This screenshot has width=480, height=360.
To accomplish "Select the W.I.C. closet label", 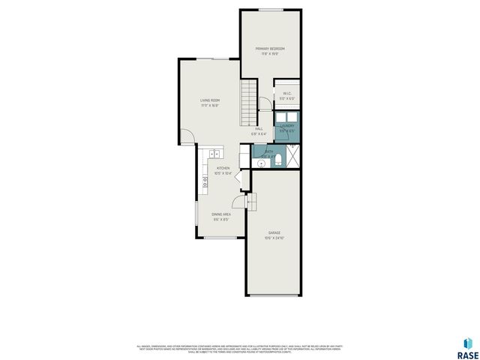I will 286,95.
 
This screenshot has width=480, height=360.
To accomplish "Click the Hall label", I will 259,130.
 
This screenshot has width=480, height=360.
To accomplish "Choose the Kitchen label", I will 223,170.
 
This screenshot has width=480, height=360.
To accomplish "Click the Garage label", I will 274,235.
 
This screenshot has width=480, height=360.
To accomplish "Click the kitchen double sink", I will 208,153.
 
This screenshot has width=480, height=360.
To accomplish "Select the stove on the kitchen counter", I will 203,181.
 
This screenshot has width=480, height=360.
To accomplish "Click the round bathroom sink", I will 259,161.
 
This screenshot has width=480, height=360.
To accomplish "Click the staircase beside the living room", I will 249,104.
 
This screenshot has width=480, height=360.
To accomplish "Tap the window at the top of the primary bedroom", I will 271,10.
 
